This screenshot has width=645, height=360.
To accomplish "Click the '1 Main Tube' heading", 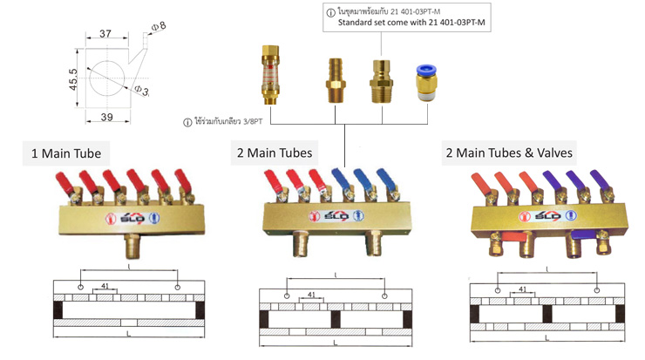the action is click(66, 153).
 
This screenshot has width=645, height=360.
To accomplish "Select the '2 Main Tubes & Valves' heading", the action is click(509, 153).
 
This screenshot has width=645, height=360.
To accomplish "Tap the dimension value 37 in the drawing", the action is click(105, 33).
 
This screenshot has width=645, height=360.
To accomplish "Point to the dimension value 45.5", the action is click(73, 79).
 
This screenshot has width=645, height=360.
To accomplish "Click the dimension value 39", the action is click(107, 118).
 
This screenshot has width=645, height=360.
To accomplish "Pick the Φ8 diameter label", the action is click(159, 26).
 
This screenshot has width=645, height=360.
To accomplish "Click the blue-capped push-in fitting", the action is click(426, 83).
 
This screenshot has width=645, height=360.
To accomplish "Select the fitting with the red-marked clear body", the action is click(270, 74).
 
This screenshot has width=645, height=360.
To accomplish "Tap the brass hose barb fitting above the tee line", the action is click(335, 80).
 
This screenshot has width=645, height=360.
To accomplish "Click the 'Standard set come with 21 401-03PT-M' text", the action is click(411, 22).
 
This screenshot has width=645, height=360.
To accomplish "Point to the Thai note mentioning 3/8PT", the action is click(222, 122).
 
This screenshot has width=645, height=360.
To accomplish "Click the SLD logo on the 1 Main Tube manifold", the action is click(132, 218).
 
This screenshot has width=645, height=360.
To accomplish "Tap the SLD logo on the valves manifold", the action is click(548, 215).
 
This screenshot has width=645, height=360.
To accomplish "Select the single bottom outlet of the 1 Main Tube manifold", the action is click(132, 245).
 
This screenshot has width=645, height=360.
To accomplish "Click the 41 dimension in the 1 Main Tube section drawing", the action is click(105, 286).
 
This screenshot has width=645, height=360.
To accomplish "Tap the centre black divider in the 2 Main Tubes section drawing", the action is click(336, 319).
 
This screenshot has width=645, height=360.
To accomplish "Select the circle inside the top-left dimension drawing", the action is click(107, 78).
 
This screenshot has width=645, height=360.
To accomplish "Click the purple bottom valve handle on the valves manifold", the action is click(583, 235).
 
